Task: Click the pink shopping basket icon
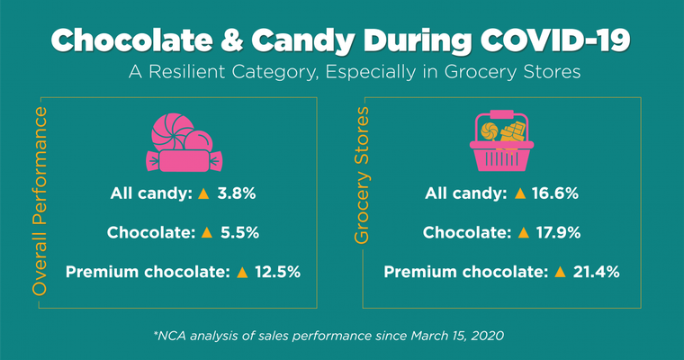[502, 144]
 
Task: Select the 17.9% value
[555, 232]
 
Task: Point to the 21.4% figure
[596, 270]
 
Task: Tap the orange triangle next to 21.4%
[560, 270]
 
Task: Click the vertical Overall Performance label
[40, 201]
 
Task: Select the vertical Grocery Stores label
[362, 176]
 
